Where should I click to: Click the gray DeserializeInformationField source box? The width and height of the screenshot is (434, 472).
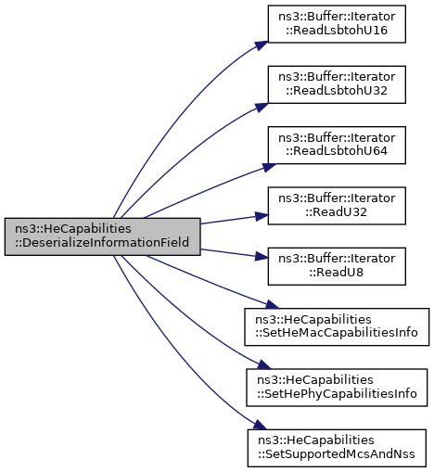click(x=102, y=236)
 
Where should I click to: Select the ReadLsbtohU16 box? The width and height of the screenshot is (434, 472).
click(x=337, y=24)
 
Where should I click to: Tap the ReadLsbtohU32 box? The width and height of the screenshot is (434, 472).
click(x=337, y=84)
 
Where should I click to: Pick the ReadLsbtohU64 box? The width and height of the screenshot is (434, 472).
click(x=337, y=145)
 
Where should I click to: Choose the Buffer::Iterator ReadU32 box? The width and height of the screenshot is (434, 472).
click(x=337, y=206)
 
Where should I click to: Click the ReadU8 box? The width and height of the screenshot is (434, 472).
click(x=337, y=266)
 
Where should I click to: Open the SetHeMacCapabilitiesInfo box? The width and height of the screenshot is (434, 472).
click(x=337, y=326)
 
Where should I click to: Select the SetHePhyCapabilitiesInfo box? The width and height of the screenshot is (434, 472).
click(x=337, y=388)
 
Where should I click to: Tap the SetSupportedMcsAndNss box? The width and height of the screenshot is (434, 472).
click(x=337, y=448)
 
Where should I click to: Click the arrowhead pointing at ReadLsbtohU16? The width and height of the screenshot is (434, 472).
click(x=262, y=45)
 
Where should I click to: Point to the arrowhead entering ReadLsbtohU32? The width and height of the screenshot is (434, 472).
click(x=262, y=107)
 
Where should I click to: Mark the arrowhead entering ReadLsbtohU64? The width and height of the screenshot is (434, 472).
click(x=268, y=167)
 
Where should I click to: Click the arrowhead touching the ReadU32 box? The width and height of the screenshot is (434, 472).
click(x=262, y=216)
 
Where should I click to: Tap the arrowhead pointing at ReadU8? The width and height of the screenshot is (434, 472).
click(x=262, y=256)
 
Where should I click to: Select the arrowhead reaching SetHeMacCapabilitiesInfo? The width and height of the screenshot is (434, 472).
click(x=272, y=304)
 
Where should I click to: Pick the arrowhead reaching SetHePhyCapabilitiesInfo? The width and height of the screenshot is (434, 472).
click(x=264, y=364)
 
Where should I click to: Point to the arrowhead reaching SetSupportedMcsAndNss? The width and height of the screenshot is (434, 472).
click(x=260, y=425)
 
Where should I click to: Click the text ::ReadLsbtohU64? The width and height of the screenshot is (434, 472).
click(x=337, y=151)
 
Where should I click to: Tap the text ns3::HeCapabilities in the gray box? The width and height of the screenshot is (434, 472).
click(x=73, y=229)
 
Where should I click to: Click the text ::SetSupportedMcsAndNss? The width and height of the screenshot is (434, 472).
click(x=337, y=454)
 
